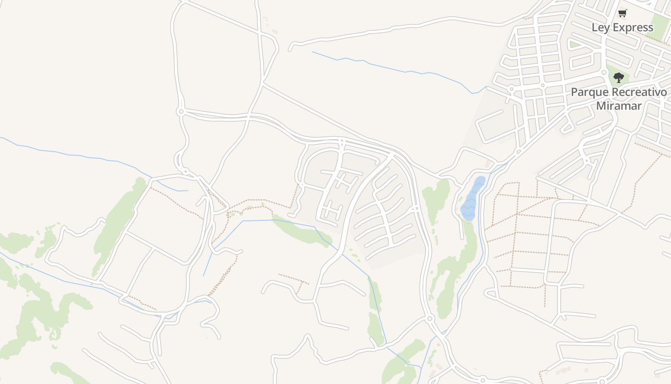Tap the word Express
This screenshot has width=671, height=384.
tap(633, 27)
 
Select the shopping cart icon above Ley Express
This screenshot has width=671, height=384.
tap(622, 13)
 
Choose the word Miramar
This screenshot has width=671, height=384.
tap(619, 106)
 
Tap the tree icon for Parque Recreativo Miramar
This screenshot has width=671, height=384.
tap(619, 78)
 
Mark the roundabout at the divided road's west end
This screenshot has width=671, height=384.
tap(181, 111)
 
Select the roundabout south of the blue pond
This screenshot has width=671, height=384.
tap(429, 318)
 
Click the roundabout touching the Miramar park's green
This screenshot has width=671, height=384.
tap(604, 72)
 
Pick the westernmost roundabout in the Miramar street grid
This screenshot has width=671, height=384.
tap(511, 89)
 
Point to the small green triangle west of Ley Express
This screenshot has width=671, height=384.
tap(574, 45)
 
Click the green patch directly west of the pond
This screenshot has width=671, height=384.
tap(436, 199)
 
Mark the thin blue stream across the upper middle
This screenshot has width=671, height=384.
tap(393, 67)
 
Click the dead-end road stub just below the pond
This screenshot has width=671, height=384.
tap(462, 230)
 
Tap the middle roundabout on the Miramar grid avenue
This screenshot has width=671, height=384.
tap(543, 85)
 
